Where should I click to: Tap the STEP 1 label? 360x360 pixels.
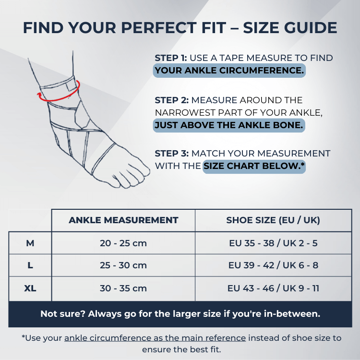pos(171,58)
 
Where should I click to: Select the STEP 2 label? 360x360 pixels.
pos(172,100)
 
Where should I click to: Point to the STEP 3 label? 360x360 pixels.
pos(172,154)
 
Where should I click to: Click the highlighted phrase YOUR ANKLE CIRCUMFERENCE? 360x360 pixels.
pos(229,71)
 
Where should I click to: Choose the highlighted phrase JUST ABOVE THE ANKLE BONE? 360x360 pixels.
pos(229,125)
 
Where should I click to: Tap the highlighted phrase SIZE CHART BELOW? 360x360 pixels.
pos(254,167)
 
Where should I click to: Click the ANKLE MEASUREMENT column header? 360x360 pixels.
pos(123,220)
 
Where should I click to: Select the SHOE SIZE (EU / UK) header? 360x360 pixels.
pos(273,220)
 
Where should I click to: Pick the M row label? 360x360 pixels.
pos(30,243)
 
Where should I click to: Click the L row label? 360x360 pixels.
pos(30,265)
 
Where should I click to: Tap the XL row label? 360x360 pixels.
pos(30,288)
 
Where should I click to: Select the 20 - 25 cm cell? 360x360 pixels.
pos(123,243)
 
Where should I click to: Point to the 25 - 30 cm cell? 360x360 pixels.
pos(123,265)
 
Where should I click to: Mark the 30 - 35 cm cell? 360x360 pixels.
pos(123,288)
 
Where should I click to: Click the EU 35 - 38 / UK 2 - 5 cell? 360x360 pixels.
pos(273,243)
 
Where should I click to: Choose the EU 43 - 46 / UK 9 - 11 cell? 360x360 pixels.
pos(273,288)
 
